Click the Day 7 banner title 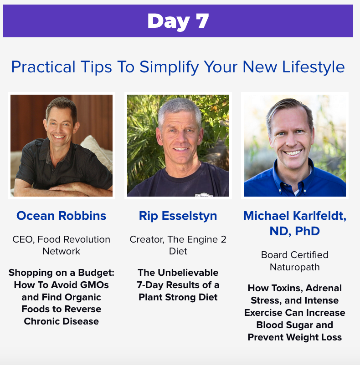[x=178, y=21]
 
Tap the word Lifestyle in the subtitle [x=313, y=67]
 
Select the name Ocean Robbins [x=61, y=216]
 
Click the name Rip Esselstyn [x=178, y=216]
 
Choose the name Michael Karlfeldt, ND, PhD [x=295, y=223]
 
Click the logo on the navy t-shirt [x=204, y=195]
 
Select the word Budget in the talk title [x=96, y=273]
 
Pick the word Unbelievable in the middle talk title [x=188, y=273]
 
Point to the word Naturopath [x=295, y=267]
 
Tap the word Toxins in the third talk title [x=287, y=288]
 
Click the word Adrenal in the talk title [x=324, y=288]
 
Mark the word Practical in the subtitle [x=43, y=67]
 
